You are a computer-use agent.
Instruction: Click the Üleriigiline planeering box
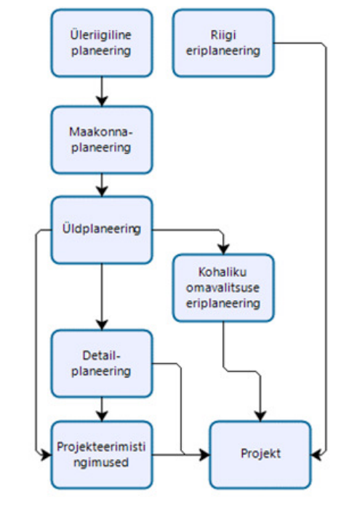click(x=102, y=43)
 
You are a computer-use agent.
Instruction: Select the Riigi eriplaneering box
click(x=223, y=43)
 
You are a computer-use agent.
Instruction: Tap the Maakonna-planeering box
click(x=102, y=140)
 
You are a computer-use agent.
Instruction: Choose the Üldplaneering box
click(x=102, y=230)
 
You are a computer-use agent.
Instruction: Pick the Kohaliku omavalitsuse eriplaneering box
click(x=223, y=288)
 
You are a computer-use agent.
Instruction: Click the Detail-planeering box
click(x=102, y=364)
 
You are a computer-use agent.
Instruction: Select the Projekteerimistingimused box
click(x=102, y=454)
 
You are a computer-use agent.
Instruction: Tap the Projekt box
click(x=260, y=454)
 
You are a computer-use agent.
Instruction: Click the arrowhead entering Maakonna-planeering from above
click(x=102, y=100)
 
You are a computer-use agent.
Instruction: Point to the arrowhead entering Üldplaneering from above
click(x=102, y=191)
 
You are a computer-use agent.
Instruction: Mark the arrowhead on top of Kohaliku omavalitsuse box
click(x=223, y=249)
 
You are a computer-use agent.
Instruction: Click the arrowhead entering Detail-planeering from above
click(x=102, y=324)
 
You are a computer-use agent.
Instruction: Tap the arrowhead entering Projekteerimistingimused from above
click(x=102, y=416)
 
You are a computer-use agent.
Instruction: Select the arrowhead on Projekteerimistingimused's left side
click(x=46, y=454)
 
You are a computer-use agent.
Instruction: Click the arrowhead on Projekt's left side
click(x=204, y=454)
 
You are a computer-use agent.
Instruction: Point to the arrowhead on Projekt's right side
click(x=316, y=454)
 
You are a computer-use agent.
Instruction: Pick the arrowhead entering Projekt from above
click(x=260, y=416)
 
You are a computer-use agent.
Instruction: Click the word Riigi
click(x=223, y=35)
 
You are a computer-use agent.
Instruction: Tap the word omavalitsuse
click(x=223, y=287)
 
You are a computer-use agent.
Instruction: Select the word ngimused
click(x=101, y=462)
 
